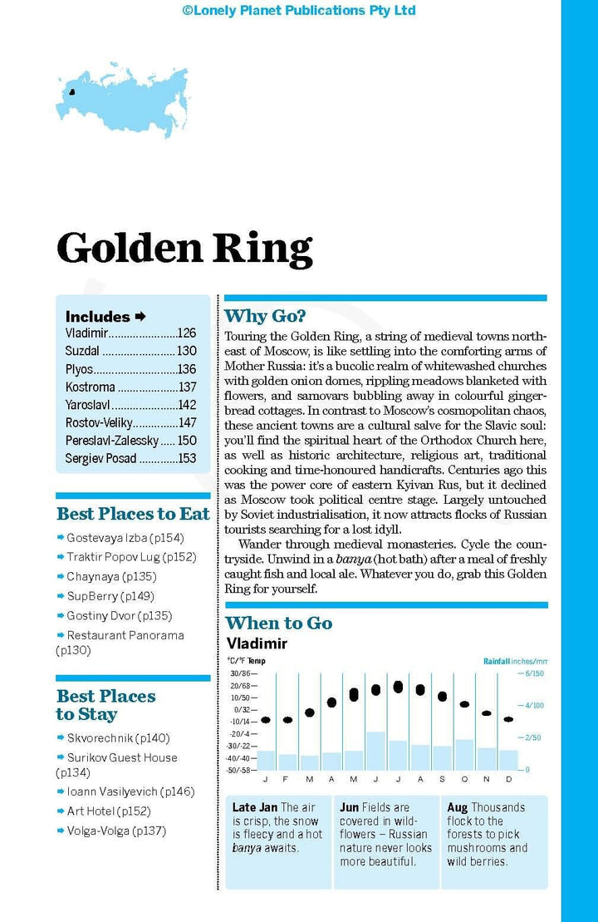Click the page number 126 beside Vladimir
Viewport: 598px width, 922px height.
(186, 333)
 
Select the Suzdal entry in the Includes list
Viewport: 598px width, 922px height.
(82, 352)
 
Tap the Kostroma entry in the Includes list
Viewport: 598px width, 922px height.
(91, 387)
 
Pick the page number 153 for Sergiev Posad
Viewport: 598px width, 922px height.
(186, 459)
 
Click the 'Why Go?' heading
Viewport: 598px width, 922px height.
(265, 316)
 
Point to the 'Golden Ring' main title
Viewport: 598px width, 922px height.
(184, 248)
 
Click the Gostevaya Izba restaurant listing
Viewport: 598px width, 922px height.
(125, 538)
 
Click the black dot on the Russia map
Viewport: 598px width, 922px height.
(71, 93)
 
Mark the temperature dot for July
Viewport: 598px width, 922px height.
(398, 687)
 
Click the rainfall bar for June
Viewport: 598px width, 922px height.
(375, 751)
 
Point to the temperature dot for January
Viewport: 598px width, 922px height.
(266, 720)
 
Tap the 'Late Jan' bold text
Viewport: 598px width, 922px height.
(254, 807)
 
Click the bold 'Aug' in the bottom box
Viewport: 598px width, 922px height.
(457, 807)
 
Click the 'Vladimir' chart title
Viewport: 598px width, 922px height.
(257, 643)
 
